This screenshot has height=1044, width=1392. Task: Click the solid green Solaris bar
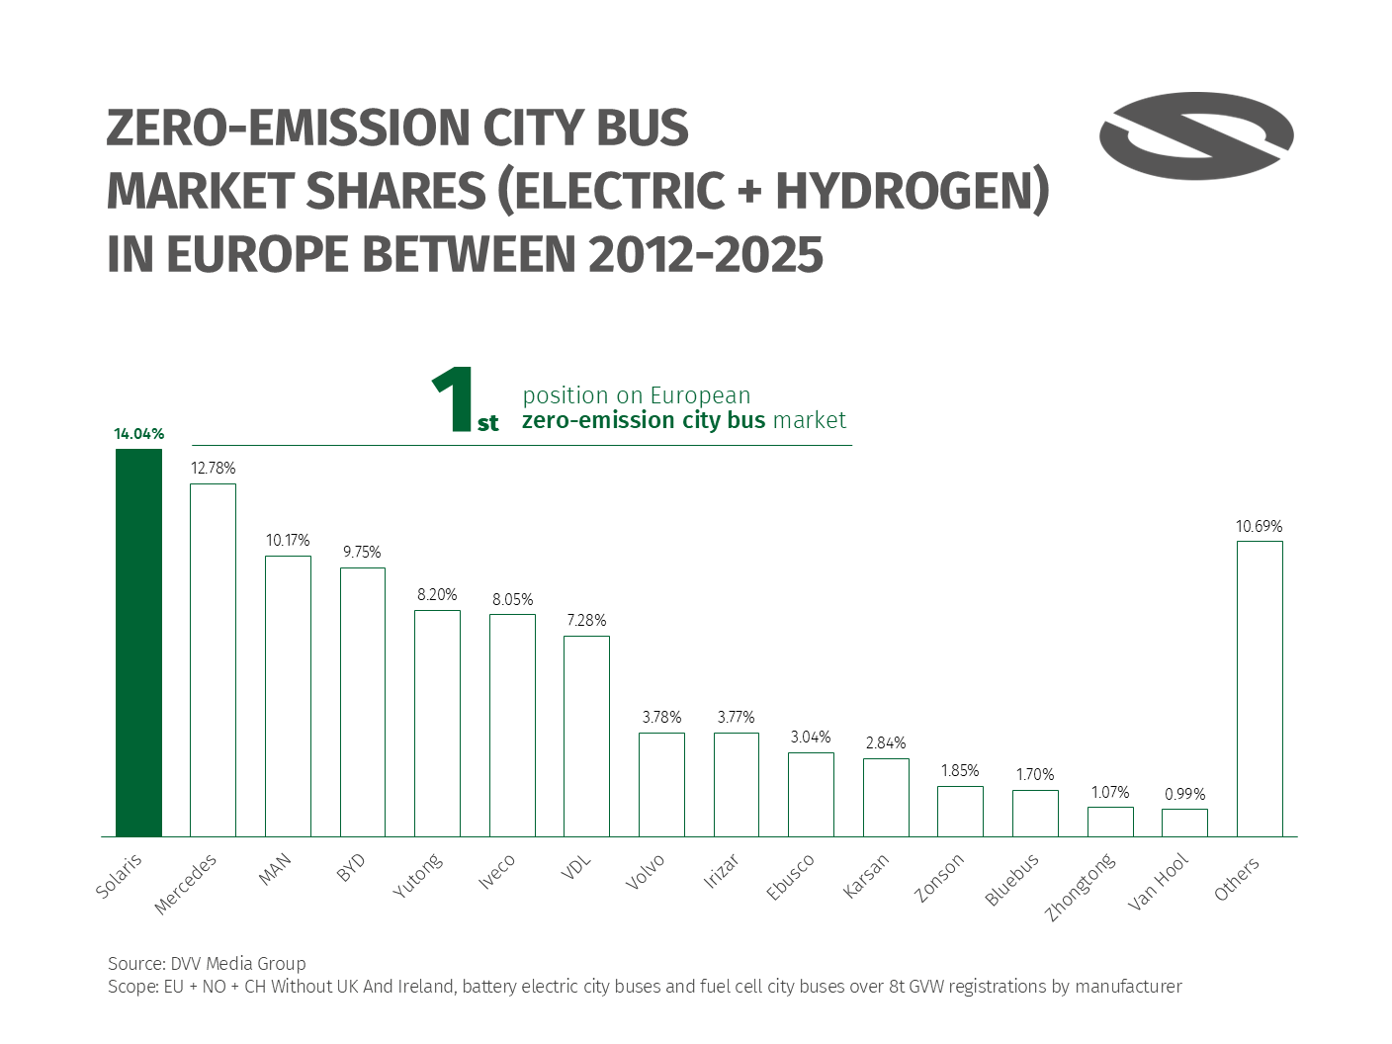[138, 643]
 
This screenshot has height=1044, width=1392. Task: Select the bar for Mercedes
[213, 659]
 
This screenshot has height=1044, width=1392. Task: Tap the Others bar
[1260, 688]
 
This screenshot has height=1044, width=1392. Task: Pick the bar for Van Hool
[1184, 823]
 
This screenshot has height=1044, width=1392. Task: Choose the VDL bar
[586, 736]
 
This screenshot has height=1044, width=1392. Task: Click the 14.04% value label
[138, 434]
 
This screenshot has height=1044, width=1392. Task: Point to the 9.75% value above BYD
[362, 553]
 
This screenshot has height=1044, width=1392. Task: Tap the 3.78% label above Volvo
[661, 718]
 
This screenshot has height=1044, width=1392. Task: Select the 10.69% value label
[1259, 527]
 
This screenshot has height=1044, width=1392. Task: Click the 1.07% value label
[1110, 793]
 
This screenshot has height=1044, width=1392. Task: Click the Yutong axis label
[417, 876]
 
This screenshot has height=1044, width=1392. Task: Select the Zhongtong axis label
[1081, 886]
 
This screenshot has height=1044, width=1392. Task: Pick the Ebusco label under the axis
[790, 877]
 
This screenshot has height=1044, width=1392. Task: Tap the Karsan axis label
[866, 876]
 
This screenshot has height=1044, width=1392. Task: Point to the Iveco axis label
[496, 872]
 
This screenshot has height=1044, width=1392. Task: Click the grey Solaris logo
[1196, 136]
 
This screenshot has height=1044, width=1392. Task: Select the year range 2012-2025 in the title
[705, 254]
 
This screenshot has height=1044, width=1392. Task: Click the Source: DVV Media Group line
[207, 963]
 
